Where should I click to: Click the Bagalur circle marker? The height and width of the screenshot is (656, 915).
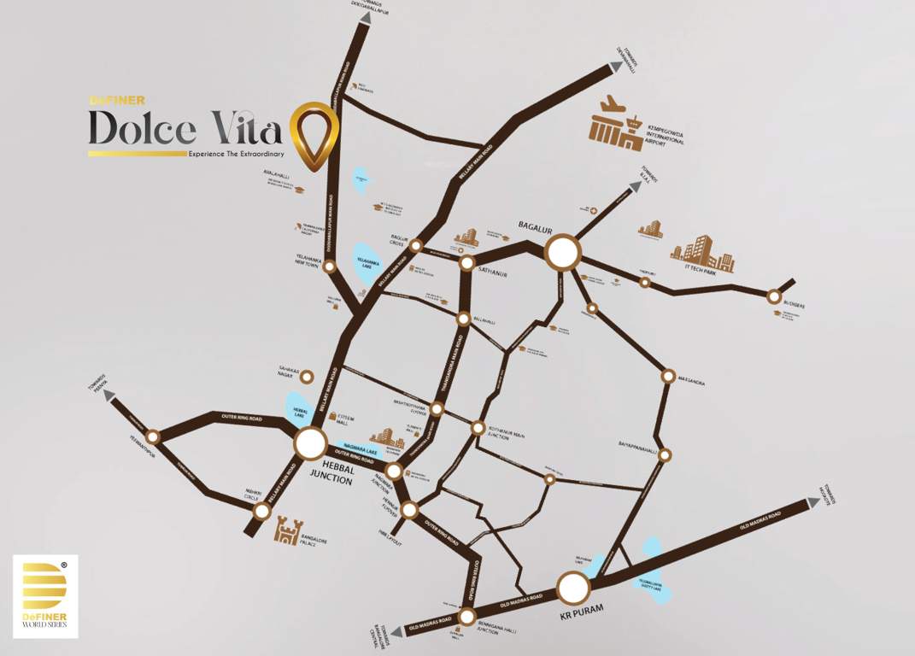coord(563,253)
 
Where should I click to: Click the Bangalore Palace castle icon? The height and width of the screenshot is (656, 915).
coord(287,532)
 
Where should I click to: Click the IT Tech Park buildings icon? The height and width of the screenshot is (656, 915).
coord(702,254)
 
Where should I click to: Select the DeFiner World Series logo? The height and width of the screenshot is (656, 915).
coord(45,596)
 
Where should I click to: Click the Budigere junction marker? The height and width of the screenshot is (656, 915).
coord(774,296)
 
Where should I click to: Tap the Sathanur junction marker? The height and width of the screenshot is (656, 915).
coord(466,263)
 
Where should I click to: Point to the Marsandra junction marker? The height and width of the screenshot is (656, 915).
coord(668,376)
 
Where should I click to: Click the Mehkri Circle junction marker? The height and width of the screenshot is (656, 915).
coord(262,512)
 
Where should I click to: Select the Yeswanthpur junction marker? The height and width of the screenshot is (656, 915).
coord(154,436)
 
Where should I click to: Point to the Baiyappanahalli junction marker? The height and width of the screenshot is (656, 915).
coord(665,454)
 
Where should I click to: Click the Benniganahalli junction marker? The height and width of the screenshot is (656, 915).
coord(466,617)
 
